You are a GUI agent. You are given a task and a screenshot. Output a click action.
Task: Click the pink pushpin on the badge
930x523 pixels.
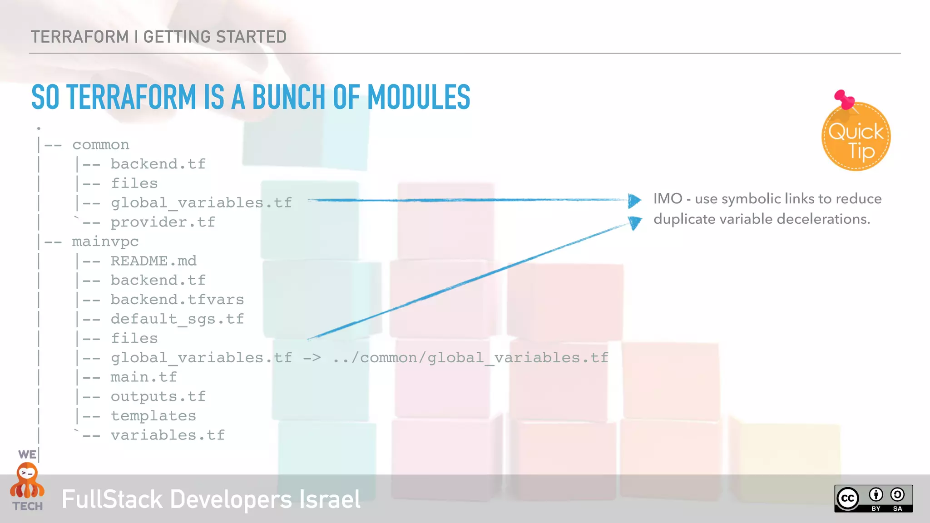pyautogui.click(x=843, y=99)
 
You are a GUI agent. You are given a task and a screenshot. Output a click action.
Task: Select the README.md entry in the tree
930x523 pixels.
pyautogui.click(x=153, y=261)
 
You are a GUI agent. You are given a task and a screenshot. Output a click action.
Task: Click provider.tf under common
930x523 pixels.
pyautogui.click(x=163, y=222)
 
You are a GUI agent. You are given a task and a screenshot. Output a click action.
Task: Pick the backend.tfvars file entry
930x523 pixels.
pyautogui.click(x=177, y=300)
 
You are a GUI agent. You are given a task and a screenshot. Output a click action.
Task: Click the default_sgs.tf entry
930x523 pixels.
pyautogui.click(x=177, y=319)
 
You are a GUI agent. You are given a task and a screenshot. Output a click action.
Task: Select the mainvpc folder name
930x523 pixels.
pyautogui.click(x=105, y=242)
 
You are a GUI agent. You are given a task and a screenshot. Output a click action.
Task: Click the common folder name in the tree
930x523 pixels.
pyautogui.click(x=101, y=145)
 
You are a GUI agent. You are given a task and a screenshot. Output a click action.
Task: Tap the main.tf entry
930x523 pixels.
pyautogui.click(x=143, y=377)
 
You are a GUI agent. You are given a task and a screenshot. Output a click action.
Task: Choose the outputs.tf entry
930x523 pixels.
pyautogui.click(x=158, y=397)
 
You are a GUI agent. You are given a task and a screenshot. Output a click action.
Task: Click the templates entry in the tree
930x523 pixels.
pyautogui.click(x=153, y=416)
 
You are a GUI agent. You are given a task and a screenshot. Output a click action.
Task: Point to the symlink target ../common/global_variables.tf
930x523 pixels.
pyautogui.click(x=470, y=358)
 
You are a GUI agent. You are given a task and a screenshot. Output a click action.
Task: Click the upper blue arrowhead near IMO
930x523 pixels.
pyautogui.click(x=634, y=200)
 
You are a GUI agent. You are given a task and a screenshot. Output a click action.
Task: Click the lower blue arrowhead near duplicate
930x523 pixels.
pyautogui.click(x=635, y=222)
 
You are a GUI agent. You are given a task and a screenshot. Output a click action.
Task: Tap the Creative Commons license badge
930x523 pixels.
pyautogui.click(x=873, y=498)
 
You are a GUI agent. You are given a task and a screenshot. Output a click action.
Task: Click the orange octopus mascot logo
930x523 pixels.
pyautogui.click(x=27, y=481)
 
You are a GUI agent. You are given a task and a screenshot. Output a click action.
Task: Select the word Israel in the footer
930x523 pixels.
pyautogui.click(x=330, y=499)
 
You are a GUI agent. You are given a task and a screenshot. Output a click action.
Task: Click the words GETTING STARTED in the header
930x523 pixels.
pyautogui.click(x=215, y=37)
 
